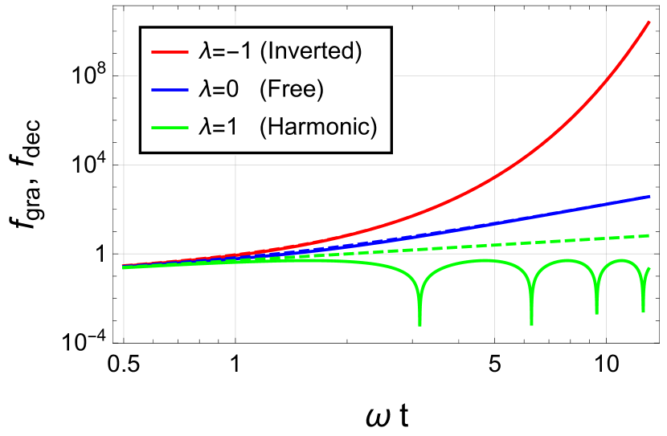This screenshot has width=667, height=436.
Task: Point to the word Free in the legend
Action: click(x=291, y=89)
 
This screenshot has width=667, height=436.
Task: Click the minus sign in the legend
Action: click(x=235, y=52)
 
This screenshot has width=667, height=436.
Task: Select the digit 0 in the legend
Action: click(x=232, y=89)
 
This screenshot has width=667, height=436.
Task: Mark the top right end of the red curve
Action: click(x=649, y=22)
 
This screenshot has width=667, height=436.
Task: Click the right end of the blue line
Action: click(x=649, y=196)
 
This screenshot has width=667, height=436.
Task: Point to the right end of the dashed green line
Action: click(x=649, y=235)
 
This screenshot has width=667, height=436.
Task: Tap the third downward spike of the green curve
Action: click(x=596, y=312)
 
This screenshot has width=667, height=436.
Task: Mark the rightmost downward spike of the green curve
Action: click(x=642, y=310)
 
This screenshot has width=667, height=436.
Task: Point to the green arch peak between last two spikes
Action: click(x=621, y=260)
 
